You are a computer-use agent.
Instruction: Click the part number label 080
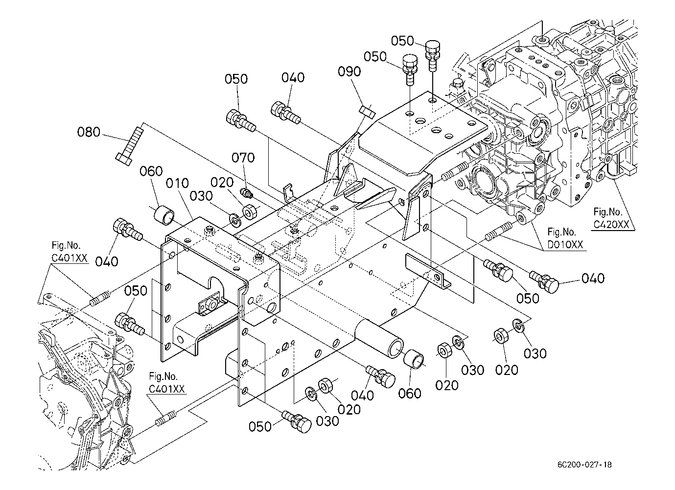tap(89, 132)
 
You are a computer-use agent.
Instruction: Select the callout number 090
tap(349, 71)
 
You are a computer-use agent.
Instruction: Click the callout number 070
tap(243, 158)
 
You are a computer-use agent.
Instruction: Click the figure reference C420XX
tap(612, 224)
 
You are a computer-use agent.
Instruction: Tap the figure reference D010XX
tap(565, 244)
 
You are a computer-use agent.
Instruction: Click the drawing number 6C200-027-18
tap(583, 465)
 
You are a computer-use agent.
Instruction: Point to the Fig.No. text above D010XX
tap(562, 232)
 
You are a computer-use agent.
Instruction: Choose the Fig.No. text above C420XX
tap(608, 212)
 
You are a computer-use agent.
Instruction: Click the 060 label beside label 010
tap(151, 171)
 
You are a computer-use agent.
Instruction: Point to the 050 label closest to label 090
tap(375, 56)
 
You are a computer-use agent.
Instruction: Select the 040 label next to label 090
tap(293, 77)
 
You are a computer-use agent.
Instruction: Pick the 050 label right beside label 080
tap(236, 79)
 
